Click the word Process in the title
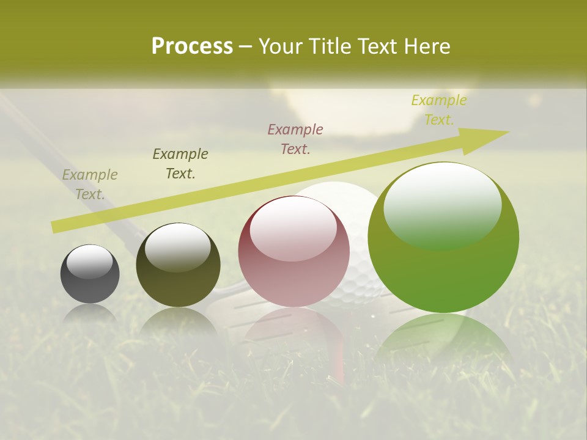(192, 46)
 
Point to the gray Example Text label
(90, 185)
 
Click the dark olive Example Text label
(180, 164)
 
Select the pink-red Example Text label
(295, 139)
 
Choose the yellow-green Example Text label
(439, 110)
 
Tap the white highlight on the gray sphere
(89, 262)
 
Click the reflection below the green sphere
(443, 342)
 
